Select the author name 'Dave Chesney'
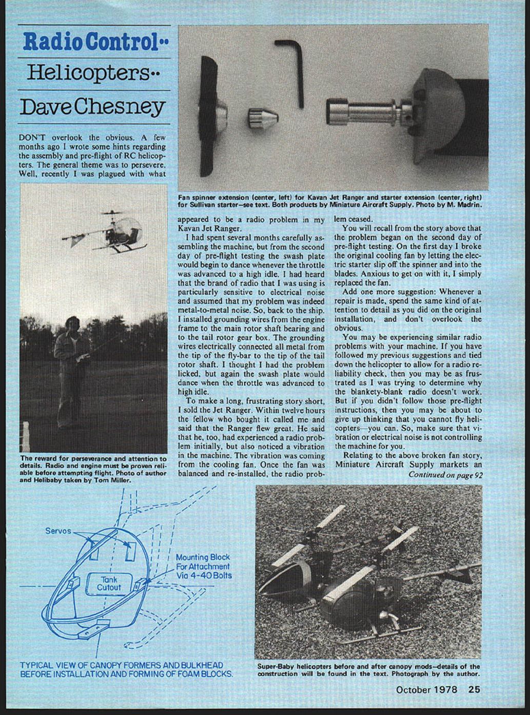(x=93, y=107)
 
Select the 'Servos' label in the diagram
(x=57, y=531)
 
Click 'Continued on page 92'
(x=445, y=475)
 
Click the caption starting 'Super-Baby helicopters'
(x=368, y=670)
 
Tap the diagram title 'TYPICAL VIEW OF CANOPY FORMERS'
(x=126, y=669)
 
